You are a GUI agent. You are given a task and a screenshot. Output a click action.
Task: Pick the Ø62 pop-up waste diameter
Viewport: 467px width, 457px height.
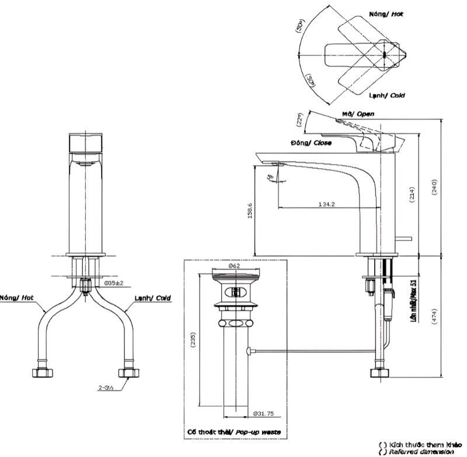[235, 266]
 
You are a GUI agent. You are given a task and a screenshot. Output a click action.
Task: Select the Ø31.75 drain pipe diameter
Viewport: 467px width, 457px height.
[264, 414]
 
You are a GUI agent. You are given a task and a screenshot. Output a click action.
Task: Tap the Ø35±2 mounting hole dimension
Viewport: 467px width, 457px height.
[115, 283]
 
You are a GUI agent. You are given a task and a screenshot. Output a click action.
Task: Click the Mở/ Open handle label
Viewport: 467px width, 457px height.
[358, 114]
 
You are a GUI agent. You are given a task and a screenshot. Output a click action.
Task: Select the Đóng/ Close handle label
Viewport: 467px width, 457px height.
[311, 142]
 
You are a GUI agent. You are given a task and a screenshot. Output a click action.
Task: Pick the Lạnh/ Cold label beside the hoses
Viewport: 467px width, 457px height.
[152, 298]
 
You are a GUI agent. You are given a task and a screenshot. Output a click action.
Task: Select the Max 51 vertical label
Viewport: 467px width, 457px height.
[414, 301]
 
